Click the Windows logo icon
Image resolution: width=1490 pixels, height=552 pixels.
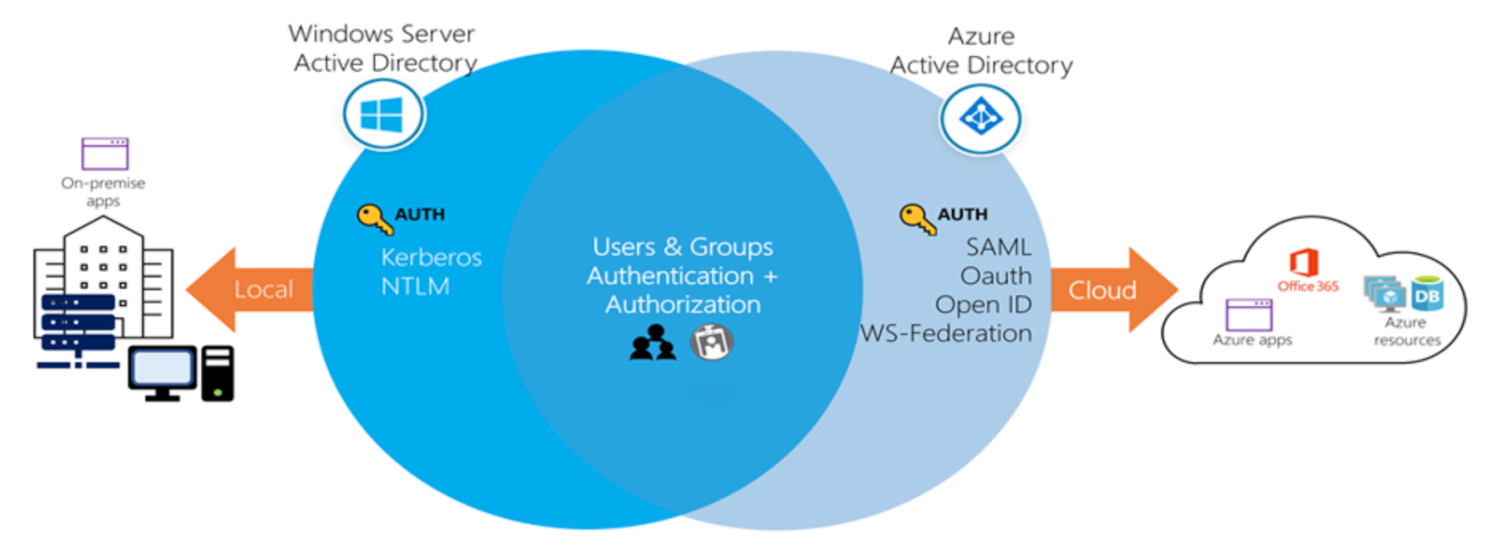click(x=384, y=114)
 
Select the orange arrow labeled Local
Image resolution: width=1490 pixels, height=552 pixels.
click(x=251, y=289)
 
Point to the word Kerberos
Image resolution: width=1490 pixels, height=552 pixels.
click(x=431, y=257)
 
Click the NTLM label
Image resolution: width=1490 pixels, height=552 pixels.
click(x=415, y=287)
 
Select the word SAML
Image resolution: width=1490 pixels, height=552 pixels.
click(x=998, y=248)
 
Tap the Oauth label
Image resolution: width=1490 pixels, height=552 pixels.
click(x=996, y=276)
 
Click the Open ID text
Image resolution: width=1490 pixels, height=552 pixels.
click(x=983, y=304)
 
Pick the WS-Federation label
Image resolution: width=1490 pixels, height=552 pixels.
click(x=946, y=333)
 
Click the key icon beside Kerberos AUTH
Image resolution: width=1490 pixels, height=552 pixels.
click(x=375, y=219)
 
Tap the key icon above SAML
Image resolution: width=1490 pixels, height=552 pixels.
click(x=918, y=219)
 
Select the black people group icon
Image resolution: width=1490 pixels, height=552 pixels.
click(x=653, y=343)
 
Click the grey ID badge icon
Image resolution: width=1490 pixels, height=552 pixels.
click(x=711, y=342)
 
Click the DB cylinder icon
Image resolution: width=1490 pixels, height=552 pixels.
click(x=1428, y=294)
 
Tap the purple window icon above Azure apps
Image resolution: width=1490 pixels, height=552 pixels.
click(x=1249, y=315)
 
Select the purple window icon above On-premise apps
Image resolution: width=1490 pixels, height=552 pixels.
click(x=105, y=154)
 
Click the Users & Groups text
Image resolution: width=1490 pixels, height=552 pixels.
click(x=684, y=248)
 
